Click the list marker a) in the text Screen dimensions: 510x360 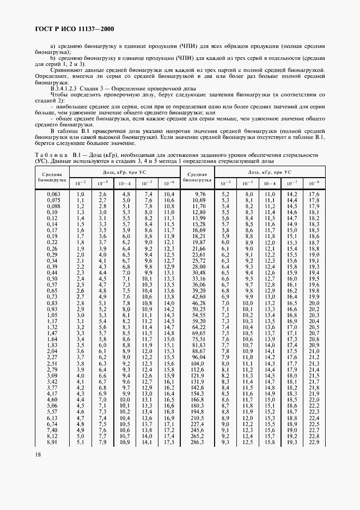tap(53, 47)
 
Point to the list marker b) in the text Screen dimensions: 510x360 tap(53, 58)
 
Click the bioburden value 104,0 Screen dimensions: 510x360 tap(198, 363)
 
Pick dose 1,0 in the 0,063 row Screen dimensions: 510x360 tap(80, 194)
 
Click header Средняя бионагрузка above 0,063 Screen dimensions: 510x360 tap(52, 175)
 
